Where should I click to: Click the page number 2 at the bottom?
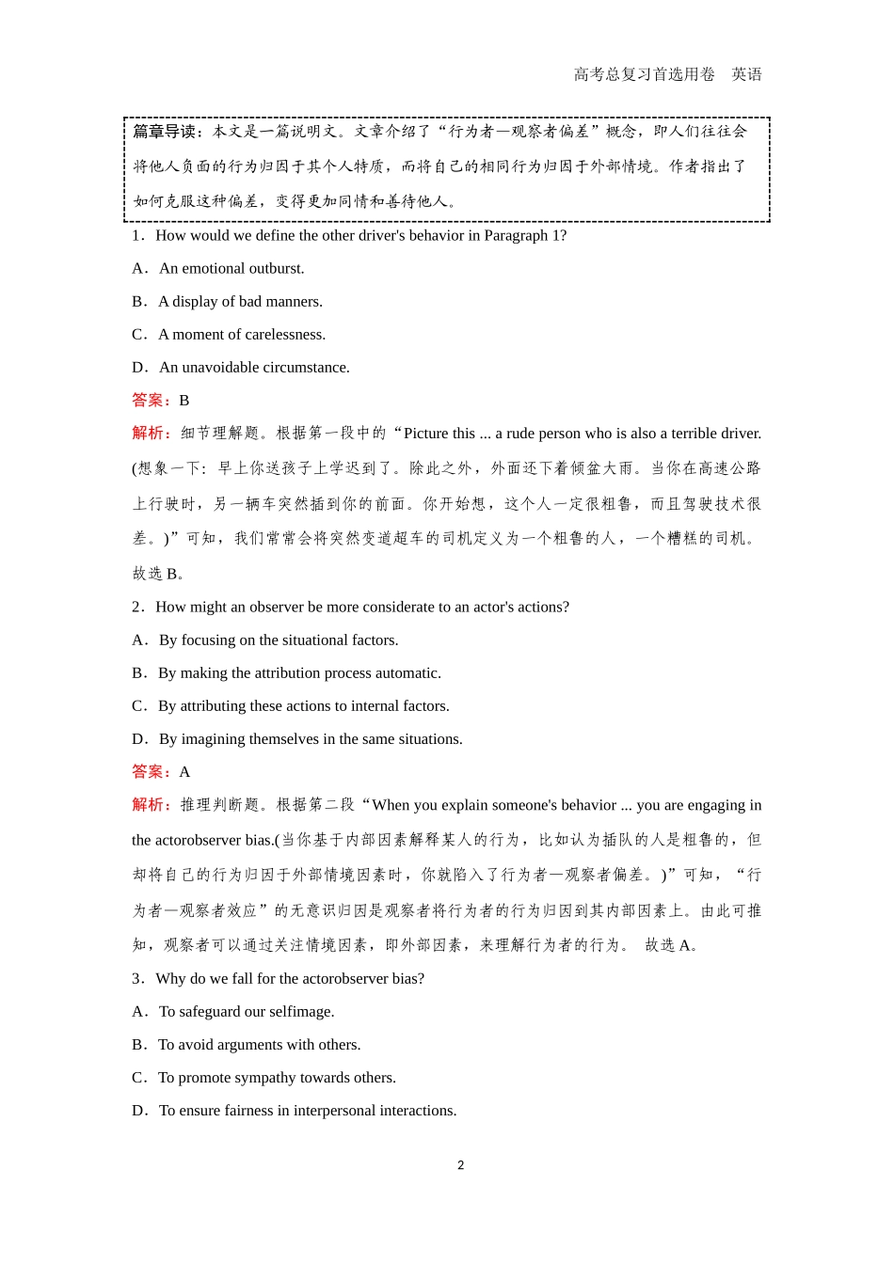(460, 1165)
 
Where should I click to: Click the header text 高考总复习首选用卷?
(644, 74)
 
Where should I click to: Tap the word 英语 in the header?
(746, 74)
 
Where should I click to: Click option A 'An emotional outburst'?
(231, 268)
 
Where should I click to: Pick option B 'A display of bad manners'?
(240, 301)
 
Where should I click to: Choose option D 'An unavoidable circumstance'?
(254, 367)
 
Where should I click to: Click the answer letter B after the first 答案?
(184, 400)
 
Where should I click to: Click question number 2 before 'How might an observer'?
(136, 607)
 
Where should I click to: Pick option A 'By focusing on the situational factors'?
(279, 640)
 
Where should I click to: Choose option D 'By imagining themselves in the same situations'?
(311, 738)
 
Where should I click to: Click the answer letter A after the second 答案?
(184, 771)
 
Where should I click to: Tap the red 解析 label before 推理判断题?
(152, 805)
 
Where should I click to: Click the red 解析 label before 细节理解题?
(152, 434)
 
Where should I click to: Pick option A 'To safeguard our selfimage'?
(247, 1011)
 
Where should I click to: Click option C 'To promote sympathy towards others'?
(277, 1077)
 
